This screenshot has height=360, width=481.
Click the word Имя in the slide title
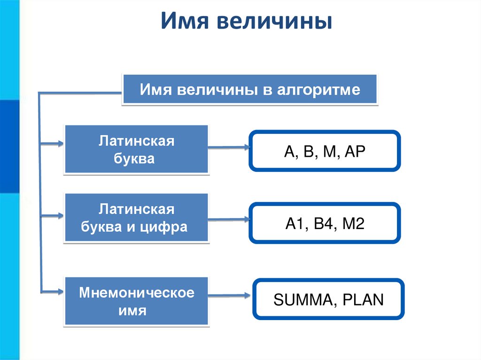pyautogui.click(x=185, y=21)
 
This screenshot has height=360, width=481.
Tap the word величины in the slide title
pyautogui.click(x=274, y=22)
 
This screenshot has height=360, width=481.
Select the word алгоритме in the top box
pyautogui.click(x=318, y=90)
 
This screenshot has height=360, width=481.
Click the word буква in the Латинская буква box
pyautogui.click(x=134, y=159)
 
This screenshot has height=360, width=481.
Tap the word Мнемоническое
pyautogui.click(x=137, y=292)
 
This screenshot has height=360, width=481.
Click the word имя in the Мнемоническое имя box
pyautogui.click(x=132, y=311)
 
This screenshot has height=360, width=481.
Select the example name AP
pyautogui.click(x=355, y=152)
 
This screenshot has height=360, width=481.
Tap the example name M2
pyautogui.click(x=353, y=223)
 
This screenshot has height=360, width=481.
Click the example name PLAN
pyautogui.click(x=363, y=299)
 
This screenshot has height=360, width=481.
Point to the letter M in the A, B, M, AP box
pyautogui.click(x=330, y=152)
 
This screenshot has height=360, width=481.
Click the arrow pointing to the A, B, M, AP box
pyautogui.click(x=229, y=147)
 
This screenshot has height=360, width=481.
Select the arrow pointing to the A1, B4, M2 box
pyautogui.click(x=229, y=220)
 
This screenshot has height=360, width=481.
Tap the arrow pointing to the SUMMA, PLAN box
pyautogui.click(x=229, y=296)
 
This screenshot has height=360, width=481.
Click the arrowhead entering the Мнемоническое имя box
pyautogui.click(x=60, y=291)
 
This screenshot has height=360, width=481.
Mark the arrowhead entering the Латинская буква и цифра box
pyautogui.click(x=60, y=216)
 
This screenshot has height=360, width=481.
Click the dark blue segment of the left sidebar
pyautogui.click(x=9, y=146)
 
